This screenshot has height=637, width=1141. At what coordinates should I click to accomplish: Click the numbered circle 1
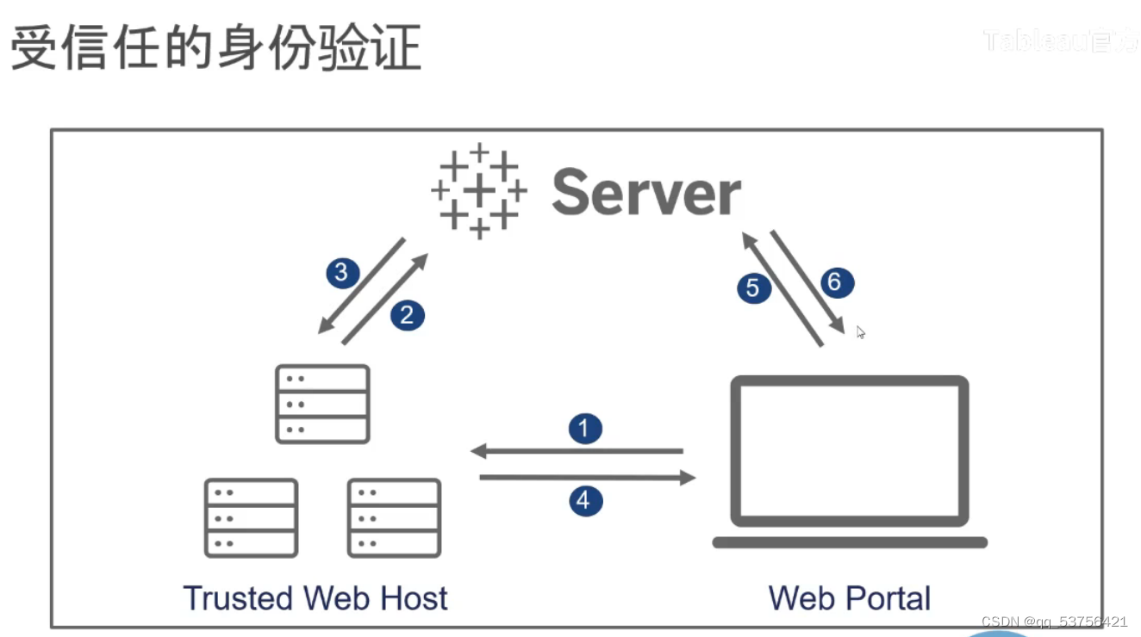(585, 429)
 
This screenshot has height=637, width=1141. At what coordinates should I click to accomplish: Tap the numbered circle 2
(407, 316)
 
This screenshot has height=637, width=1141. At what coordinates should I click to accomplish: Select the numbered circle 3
(341, 273)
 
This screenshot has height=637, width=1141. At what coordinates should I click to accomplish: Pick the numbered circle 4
(585, 500)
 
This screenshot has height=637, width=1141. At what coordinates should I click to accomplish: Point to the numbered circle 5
(753, 288)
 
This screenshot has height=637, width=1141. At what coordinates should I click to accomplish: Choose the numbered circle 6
(834, 282)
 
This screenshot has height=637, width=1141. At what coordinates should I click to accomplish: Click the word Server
(646, 192)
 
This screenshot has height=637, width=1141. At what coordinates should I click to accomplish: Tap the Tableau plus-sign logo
(479, 191)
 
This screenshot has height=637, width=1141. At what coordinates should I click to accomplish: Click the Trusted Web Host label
(315, 598)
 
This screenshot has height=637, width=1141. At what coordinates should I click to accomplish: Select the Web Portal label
(849, 598)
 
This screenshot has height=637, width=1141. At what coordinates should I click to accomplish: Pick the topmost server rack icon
(322, 404)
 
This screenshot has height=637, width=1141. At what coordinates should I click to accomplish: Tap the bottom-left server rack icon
(251, 518)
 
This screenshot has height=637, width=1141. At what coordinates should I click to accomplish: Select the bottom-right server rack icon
(394, 518)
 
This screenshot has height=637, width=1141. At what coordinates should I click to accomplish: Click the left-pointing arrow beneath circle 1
(577, 451)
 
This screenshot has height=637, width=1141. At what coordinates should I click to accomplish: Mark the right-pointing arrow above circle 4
(587, 477)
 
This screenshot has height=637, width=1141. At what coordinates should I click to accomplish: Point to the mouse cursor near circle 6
(860, 332)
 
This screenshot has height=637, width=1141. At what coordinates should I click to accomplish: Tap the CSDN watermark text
(1054, 622)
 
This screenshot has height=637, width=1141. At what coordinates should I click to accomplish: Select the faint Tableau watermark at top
(1060, 40)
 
